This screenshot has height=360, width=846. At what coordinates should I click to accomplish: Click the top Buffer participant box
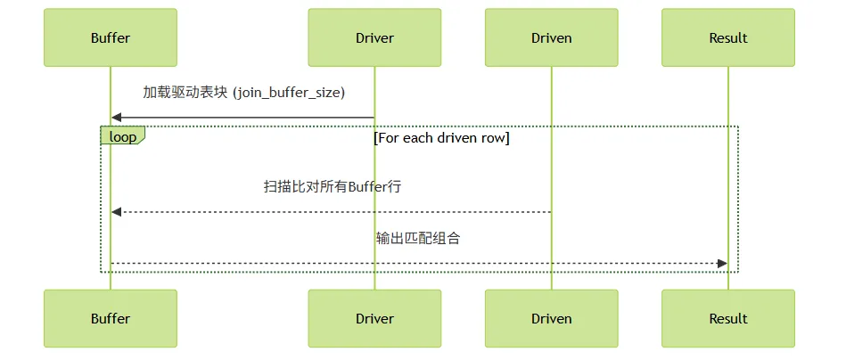point(111,37)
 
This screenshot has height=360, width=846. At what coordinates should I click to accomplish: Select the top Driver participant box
point(374,37)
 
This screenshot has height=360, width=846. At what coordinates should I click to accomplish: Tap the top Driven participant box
point(552,37)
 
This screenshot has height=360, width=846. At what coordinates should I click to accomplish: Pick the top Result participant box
point(728,37)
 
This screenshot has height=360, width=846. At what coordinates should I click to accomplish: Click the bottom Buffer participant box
point(111,318)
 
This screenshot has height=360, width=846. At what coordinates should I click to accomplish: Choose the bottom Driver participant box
point(374,318)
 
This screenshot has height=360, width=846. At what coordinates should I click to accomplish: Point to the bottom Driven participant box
point(552,318)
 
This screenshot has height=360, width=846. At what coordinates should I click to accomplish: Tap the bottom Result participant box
point(728,318)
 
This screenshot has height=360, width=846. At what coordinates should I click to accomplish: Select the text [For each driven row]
point(442,138)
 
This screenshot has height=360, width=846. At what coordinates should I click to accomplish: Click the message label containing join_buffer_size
point(243,93)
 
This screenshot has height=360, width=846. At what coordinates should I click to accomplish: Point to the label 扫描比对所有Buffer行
point(333,187)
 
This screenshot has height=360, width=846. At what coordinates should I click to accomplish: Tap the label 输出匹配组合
point(418,238)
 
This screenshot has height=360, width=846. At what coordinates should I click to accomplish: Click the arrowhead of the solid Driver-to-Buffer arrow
point(116,118)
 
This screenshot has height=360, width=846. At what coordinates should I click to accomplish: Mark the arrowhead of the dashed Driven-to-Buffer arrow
point(116,212)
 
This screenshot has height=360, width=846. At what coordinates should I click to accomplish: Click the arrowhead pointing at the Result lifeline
point(722,264)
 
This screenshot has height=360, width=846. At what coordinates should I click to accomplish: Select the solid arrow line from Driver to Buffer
point(242,118)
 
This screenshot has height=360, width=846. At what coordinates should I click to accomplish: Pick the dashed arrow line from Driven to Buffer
point(332,212)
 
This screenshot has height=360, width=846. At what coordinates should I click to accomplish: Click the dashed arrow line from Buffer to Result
point(419,264)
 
